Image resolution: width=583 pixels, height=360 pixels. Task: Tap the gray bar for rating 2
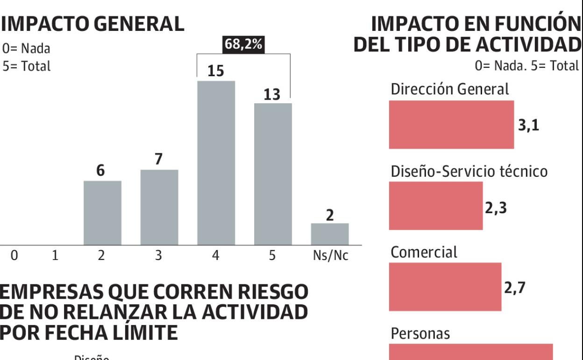[x=102, y=213]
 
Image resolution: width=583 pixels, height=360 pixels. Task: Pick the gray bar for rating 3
[x=159, y=207]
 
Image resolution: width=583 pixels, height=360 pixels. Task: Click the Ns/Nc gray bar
[x=330, y=234]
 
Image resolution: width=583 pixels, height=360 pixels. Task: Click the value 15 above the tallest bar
[x=215, y=72]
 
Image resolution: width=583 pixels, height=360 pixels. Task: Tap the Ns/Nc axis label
[x=330, y=256]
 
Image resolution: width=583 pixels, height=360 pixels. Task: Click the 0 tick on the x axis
[x=14, y=256]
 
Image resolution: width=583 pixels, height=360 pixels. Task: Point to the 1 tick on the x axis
[x=55, y=256]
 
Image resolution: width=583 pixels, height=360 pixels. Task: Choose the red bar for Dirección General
[x=451, y=124]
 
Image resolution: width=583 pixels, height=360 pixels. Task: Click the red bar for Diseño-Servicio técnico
[x=435, y=206]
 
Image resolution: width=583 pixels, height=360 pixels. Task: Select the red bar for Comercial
[x=445, y=287]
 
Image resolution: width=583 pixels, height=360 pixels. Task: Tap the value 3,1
[x=528, y=126]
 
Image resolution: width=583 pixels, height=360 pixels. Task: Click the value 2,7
[x=515, y=288]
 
